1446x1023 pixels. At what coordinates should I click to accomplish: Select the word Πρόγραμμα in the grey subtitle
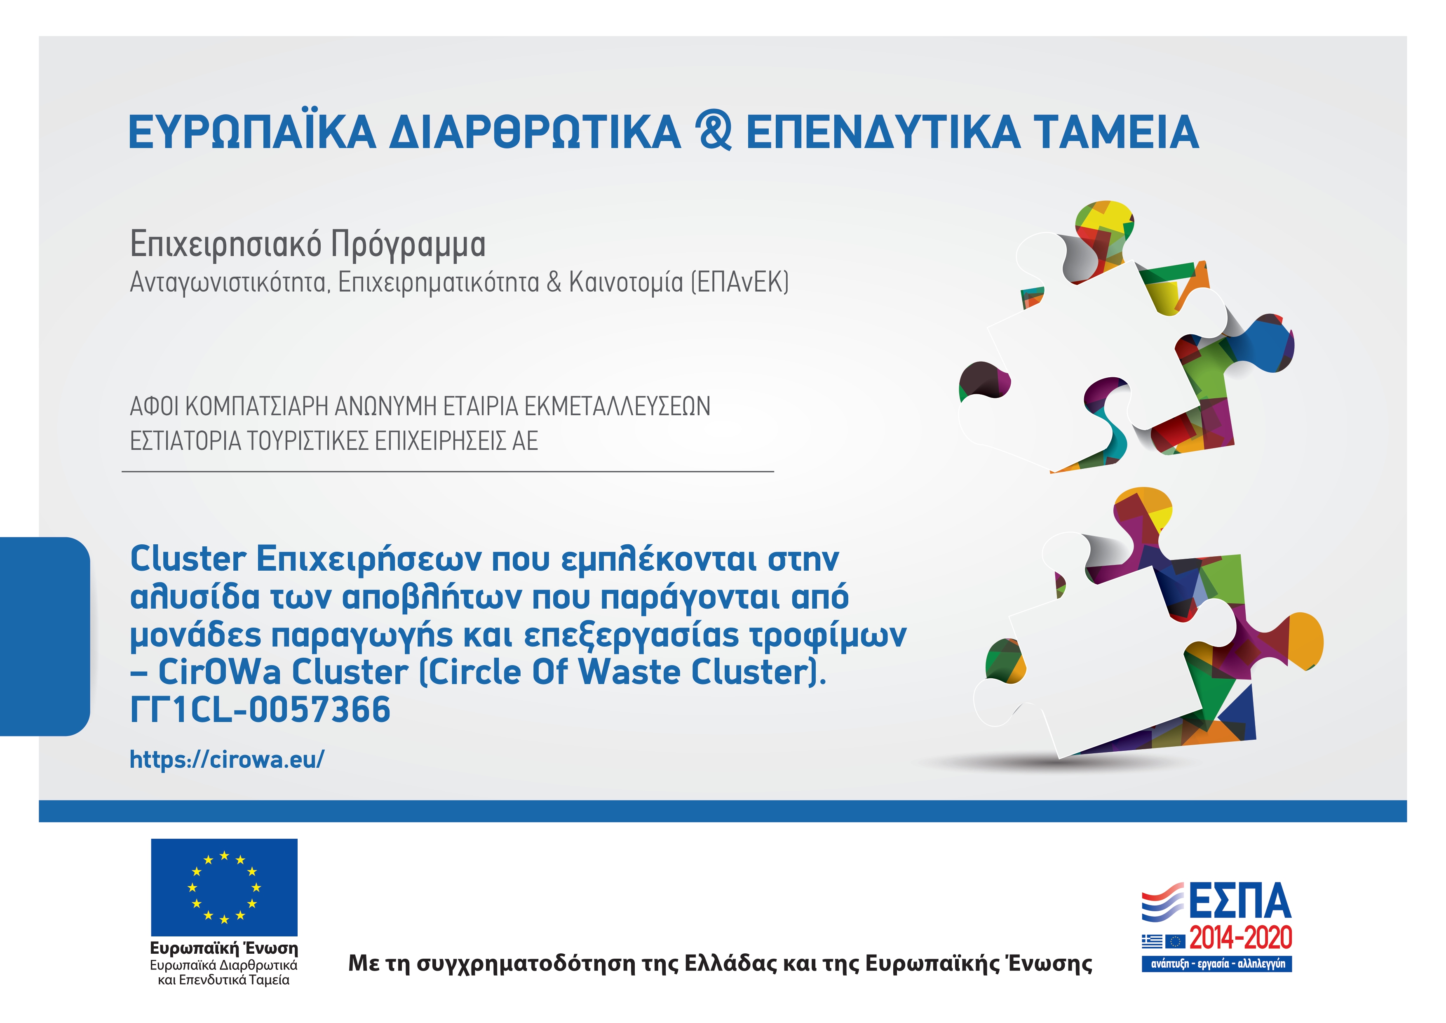tap(408, 245)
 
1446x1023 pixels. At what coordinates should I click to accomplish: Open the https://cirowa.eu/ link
tap(227, 759)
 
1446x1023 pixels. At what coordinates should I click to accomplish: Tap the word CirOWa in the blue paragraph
tap(220, 672)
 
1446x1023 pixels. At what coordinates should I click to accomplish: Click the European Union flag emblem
tap(224, 887)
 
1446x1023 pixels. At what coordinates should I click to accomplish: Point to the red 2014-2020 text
tap(1241, 938)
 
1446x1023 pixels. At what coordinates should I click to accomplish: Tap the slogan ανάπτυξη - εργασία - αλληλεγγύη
tap(1217, 964)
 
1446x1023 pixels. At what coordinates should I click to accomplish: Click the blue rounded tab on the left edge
tap(45, 636)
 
